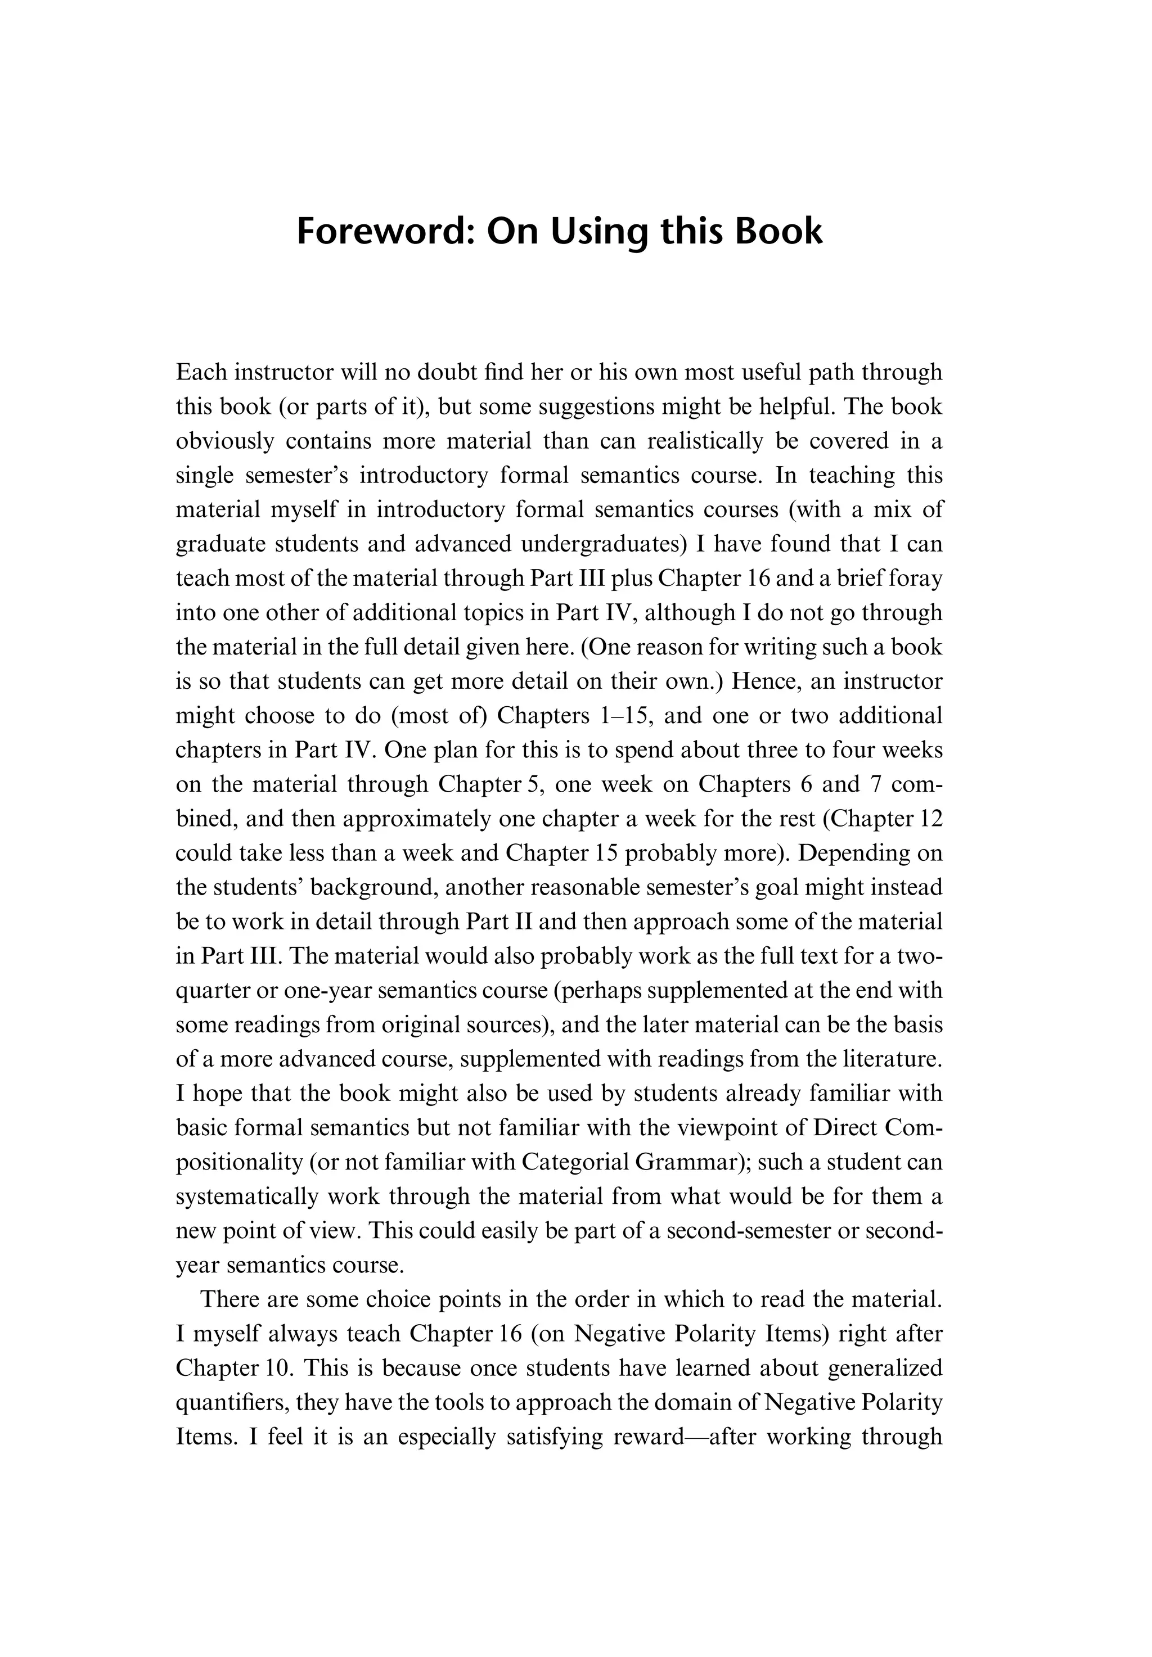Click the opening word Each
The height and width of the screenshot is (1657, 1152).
[201, 372]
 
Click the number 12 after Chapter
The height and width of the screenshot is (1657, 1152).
[930, 819]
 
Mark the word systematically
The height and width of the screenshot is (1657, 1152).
[247, 1196]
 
